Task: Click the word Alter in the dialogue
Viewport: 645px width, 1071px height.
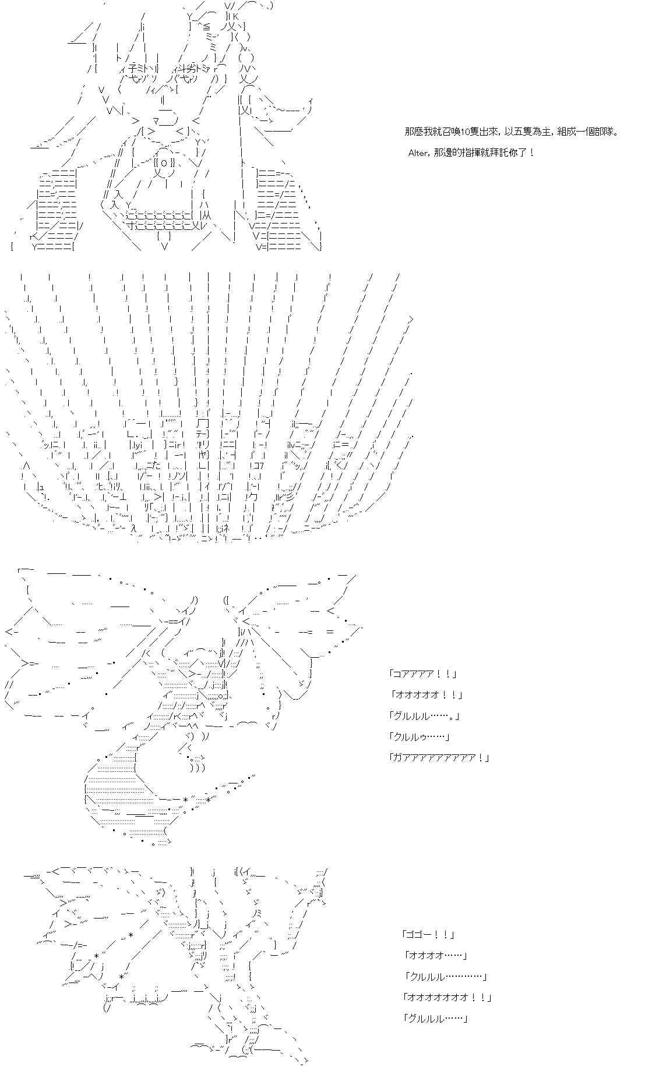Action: click(419, 153)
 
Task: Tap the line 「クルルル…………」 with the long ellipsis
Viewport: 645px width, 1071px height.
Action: click(445, 977)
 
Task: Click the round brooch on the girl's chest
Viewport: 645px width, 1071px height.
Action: click(164, 163)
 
